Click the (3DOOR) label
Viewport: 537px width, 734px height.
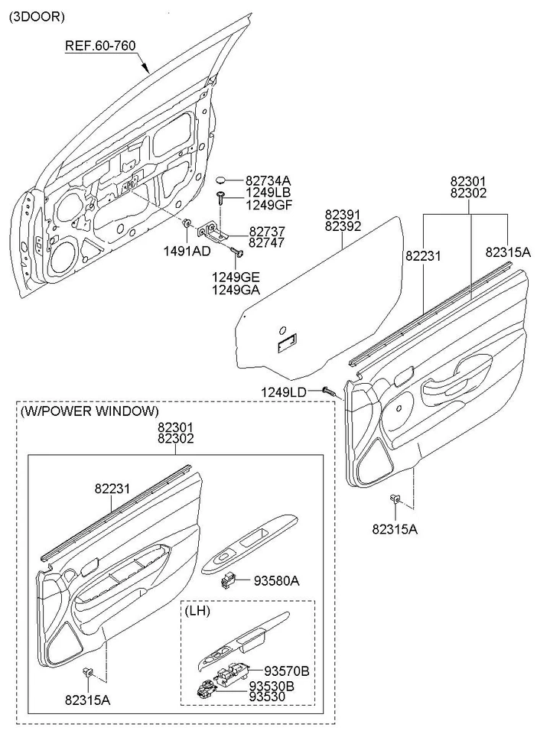tap(37, 16)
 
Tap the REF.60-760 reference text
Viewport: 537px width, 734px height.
tap(99, 46)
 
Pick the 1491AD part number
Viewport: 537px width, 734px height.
tap(186, 251)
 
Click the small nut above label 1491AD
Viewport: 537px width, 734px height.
tap(186, 224)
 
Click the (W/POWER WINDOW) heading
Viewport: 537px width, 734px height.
tap(90, 411)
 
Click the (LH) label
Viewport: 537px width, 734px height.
tap(199, 611)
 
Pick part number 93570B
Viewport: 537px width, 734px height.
tap(286, 671)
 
